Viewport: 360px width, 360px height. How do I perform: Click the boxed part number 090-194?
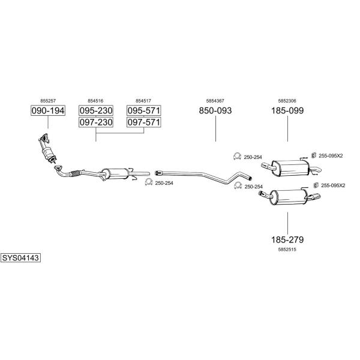click(x=48, y=110)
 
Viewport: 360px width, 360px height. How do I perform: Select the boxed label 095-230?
click(x=96, y=110)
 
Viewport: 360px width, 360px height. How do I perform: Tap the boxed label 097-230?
click(x=96, y=122)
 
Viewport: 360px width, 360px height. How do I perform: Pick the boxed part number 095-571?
click(x=144, y=110)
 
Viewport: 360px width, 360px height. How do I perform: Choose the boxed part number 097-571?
click(x=144, y=122)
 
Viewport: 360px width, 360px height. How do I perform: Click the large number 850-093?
click(x=215, y=110)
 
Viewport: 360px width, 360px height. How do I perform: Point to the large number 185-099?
click(x=287, y=110)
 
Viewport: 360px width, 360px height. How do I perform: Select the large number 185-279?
click(x=287, y=239)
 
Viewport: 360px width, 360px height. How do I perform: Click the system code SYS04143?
click(x=20, y=258)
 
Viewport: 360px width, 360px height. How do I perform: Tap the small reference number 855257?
click(x=48, y=101)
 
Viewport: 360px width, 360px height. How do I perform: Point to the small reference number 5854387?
click(x=215, y=101)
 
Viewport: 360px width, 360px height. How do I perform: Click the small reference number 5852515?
click(x=287, y=250)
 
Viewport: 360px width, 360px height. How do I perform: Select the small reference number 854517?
click(x=143, y=101)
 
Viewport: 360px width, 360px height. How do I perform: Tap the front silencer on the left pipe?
click(x=115, y=174)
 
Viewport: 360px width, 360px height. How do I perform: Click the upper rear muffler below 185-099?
click(x=291, y=168)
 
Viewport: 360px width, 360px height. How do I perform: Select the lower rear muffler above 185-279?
click(x=289, y=197)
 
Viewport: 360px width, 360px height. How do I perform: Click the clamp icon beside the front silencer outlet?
click(x=149, y=182)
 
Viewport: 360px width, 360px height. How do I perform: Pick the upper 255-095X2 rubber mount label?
click(x=331, y=156)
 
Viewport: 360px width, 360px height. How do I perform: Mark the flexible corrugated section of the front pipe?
click(x=76, y=173)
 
